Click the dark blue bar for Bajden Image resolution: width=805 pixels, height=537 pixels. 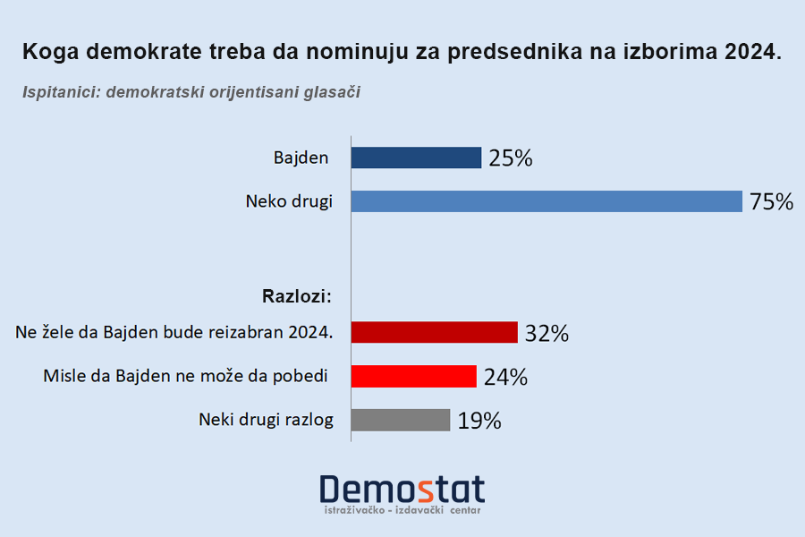pyautogui.click(x=416, y=158)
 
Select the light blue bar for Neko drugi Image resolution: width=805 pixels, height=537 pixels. pyautogui.click(x=547, y=201)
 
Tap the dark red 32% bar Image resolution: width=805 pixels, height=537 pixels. pyautogui.click(x=435, y=332)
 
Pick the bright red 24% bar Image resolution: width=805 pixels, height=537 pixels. pyautogui.click(x=413, y=376)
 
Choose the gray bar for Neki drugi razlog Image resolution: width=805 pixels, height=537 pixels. pyautogui.click(x=401, y=420)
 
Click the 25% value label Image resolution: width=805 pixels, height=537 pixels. pyautogui.click(x=511, y=159)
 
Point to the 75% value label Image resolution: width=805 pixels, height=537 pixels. pyautogui.click(x=771, y=202)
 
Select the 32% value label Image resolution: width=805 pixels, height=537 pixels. pyautogui.click(x=547, y=334)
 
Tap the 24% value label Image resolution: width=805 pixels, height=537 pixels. pyautogui.click(x=505, y=377)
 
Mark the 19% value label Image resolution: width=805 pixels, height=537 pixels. pyautogui.click(x=479, y=421)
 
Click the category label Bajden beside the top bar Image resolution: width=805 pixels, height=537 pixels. pyautogui.click(x=301, y=158)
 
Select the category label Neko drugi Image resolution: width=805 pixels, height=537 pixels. pyautogui.click(x=289, y=201)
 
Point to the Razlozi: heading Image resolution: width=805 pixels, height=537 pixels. pyautogui.click(x=297, y=294)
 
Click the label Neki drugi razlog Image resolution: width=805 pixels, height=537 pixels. pyautogui.click(x=266, y=419)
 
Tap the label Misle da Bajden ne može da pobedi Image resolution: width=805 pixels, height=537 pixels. pyautogui.click(x=185, y=376)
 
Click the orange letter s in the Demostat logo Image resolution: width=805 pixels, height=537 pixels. pyautogui.click(x=426, y=489)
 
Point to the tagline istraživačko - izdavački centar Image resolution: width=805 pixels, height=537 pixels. pyautogui.click(x=402, y=510)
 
